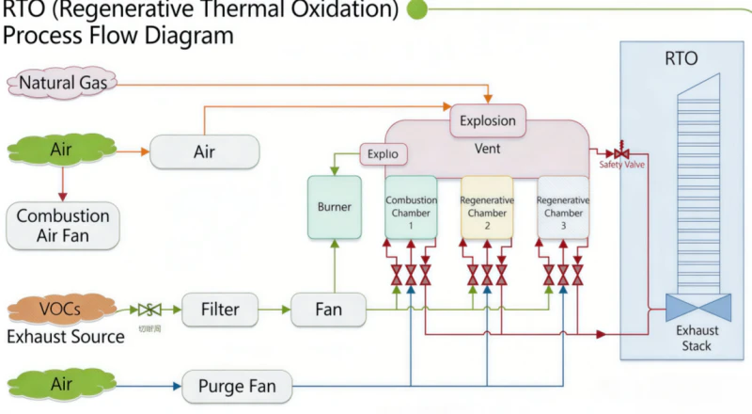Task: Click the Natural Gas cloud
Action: (x=64, y=83)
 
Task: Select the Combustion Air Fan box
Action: (x=63, y=226)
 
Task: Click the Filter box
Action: (x=219, y=309)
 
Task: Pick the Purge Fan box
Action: (x=232, y=386)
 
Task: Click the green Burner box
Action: (x=334, y=206)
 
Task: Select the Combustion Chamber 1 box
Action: (x=410, y=206)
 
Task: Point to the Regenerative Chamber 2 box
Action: (x=486, y=206)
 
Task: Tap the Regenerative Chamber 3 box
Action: (x=563, y=206)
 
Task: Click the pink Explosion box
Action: (x=488, y=120)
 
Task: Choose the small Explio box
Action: (x=384, y=152)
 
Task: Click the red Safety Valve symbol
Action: (x=621, y=151)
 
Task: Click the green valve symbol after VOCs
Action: (x=148, y=309)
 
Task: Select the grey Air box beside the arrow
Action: (x=204, y=151)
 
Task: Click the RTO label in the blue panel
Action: (x=681, y=59)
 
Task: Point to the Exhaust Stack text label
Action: (x=697, y=338)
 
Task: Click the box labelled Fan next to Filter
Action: (x=327, y=309)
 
